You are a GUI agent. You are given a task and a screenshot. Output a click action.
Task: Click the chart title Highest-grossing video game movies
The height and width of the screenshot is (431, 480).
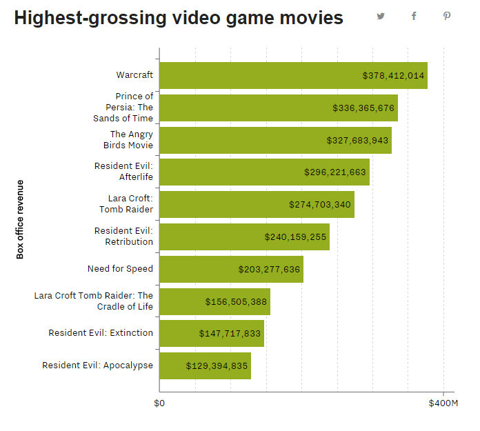179,18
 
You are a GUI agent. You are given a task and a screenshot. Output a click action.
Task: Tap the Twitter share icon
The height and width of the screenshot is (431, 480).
381,16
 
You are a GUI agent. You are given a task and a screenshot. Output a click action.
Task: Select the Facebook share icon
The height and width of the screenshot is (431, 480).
414,16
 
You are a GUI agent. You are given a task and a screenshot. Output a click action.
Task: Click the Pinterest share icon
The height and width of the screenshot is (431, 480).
447,16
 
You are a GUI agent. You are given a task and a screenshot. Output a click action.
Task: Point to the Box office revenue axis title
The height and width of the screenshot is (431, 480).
20,219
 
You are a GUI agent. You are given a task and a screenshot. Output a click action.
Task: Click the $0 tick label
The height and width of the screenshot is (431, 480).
159,403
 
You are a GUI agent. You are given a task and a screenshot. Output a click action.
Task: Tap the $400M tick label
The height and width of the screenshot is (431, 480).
443,403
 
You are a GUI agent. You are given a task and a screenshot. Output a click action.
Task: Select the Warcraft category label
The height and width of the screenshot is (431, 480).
134,74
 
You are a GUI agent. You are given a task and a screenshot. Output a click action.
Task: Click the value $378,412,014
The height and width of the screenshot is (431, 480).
393,75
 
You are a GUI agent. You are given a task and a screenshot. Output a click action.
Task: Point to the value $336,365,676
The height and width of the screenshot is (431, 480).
363,108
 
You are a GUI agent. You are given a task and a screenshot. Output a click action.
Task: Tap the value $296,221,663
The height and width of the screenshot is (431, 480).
335,172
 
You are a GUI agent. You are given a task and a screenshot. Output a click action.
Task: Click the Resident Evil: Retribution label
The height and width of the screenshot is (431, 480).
123,236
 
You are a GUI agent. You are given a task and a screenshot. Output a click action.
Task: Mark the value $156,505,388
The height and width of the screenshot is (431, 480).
236,301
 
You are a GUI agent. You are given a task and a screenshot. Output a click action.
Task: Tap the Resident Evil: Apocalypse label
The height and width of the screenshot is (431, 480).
97,365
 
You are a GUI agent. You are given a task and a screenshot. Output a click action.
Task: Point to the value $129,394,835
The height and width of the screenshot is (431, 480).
217,365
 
